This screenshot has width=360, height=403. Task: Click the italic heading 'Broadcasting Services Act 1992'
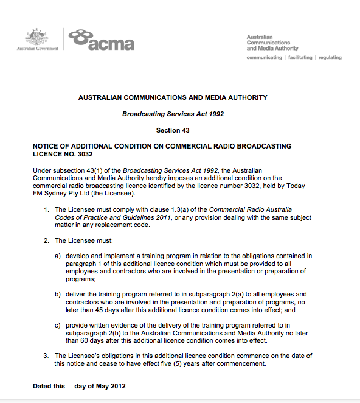[x=173, y=114]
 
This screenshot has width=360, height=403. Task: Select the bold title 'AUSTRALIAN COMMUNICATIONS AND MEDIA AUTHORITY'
[x=173, y=97]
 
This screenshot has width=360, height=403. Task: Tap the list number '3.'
[x=46, y=356]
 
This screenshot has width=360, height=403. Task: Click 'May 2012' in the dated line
[x=113, y=387]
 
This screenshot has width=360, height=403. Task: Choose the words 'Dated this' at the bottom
[x=49, y=387]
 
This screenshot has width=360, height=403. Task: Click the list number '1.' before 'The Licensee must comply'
[x=46, y=209]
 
